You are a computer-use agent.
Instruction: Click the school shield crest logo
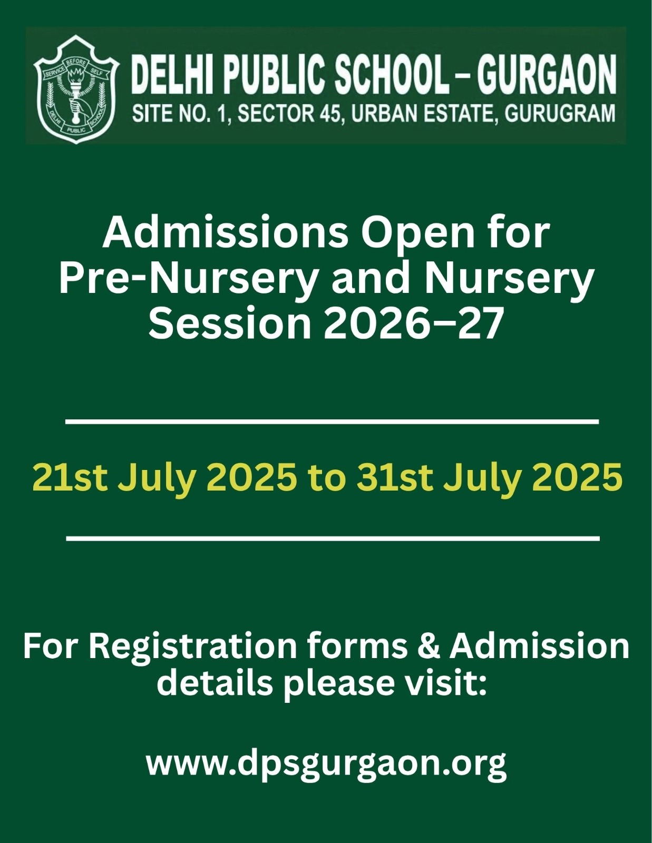tap(76, 89)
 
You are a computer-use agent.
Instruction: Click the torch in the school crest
tap(75, 93)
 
